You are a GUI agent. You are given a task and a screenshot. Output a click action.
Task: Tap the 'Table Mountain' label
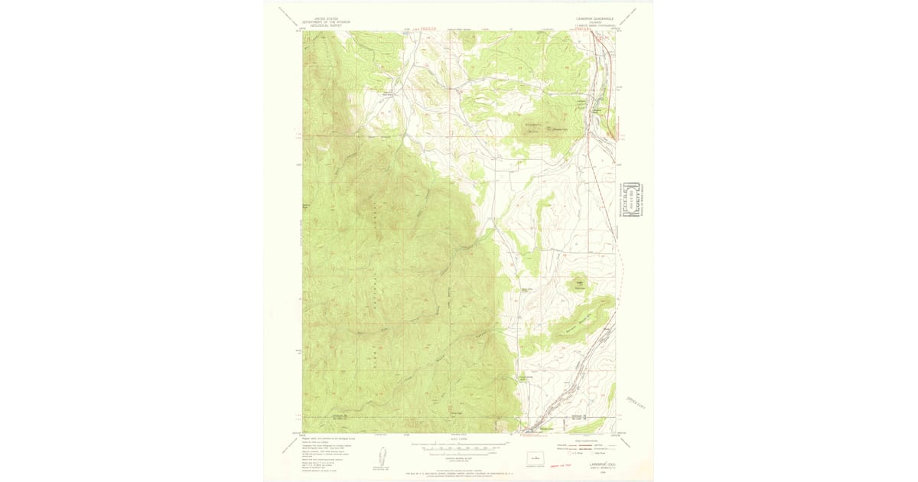[x=580, y=284]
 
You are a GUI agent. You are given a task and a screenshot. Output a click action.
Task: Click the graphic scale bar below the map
[x=459, y=444]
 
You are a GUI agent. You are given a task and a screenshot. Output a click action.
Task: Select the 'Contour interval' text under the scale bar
[x=459, y=453]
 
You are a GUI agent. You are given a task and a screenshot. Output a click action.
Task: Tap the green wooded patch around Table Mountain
[x=580, y=288]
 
